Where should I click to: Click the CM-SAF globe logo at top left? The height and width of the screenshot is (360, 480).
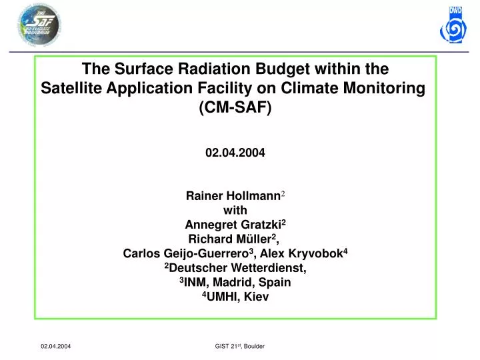pyautogui.click(x=37, y=25)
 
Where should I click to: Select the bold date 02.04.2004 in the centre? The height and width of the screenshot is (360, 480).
pyautogui.click(x=235, y=152)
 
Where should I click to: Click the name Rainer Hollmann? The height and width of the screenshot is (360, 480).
pyautogui.click(x=232, y=196)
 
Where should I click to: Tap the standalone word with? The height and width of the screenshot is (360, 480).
pyautogui.click(x=235, y=210)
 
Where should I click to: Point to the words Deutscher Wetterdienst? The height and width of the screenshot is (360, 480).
pyautogui.click(x=237, y=268)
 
